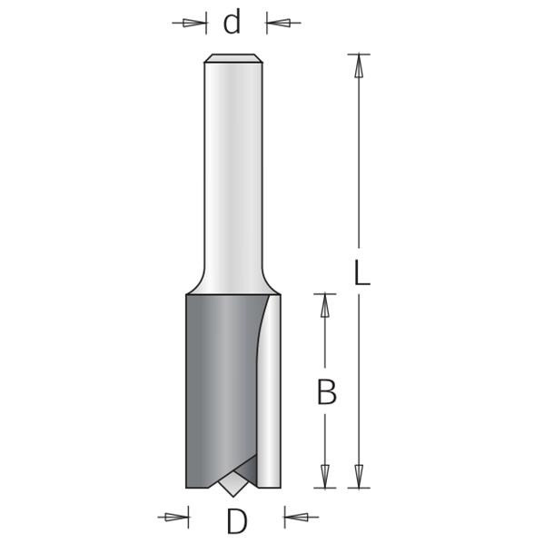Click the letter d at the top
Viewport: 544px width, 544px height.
232,22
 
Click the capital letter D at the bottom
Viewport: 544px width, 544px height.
237,521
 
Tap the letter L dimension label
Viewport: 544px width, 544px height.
361,273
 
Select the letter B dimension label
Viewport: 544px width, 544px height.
327,392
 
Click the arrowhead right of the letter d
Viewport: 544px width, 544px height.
279,24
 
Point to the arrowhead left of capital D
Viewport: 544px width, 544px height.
176,518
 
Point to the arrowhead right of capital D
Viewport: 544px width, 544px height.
296,518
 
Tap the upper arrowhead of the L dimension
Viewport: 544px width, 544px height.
359,66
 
